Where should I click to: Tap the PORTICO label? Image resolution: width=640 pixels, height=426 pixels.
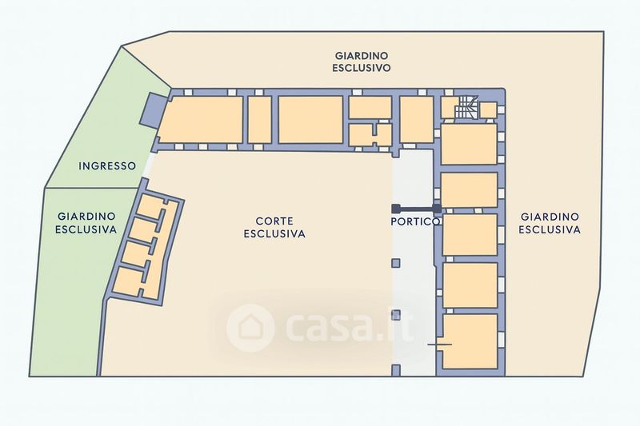[415, 221]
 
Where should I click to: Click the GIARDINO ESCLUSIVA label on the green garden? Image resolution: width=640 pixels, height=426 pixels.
[86, 222]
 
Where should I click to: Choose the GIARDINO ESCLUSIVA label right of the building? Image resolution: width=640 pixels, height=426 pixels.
[549, 223]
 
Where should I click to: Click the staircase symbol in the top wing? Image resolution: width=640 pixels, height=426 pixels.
[466, 108]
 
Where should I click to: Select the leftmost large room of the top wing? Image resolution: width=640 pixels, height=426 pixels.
[202, 120]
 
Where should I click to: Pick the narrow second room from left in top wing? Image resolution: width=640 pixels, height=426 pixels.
[258, 120]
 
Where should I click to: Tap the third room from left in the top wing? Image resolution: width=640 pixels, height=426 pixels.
[310, 120]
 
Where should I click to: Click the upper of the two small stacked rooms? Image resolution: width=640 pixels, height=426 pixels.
[370, 107]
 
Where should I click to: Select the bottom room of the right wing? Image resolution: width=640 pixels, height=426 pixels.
[469, 341]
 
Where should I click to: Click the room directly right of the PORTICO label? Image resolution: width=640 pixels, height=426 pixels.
[469, 234]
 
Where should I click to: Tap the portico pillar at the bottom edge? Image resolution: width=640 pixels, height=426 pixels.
[395, 369]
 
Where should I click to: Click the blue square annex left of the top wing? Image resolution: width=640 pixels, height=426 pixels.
[150, 109]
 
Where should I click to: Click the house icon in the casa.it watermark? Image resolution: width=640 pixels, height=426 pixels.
[250, 327]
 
